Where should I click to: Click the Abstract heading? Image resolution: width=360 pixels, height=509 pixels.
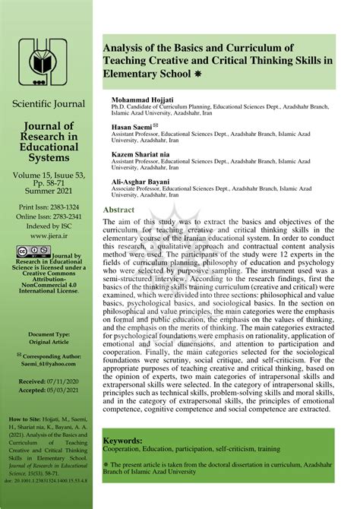119,210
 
